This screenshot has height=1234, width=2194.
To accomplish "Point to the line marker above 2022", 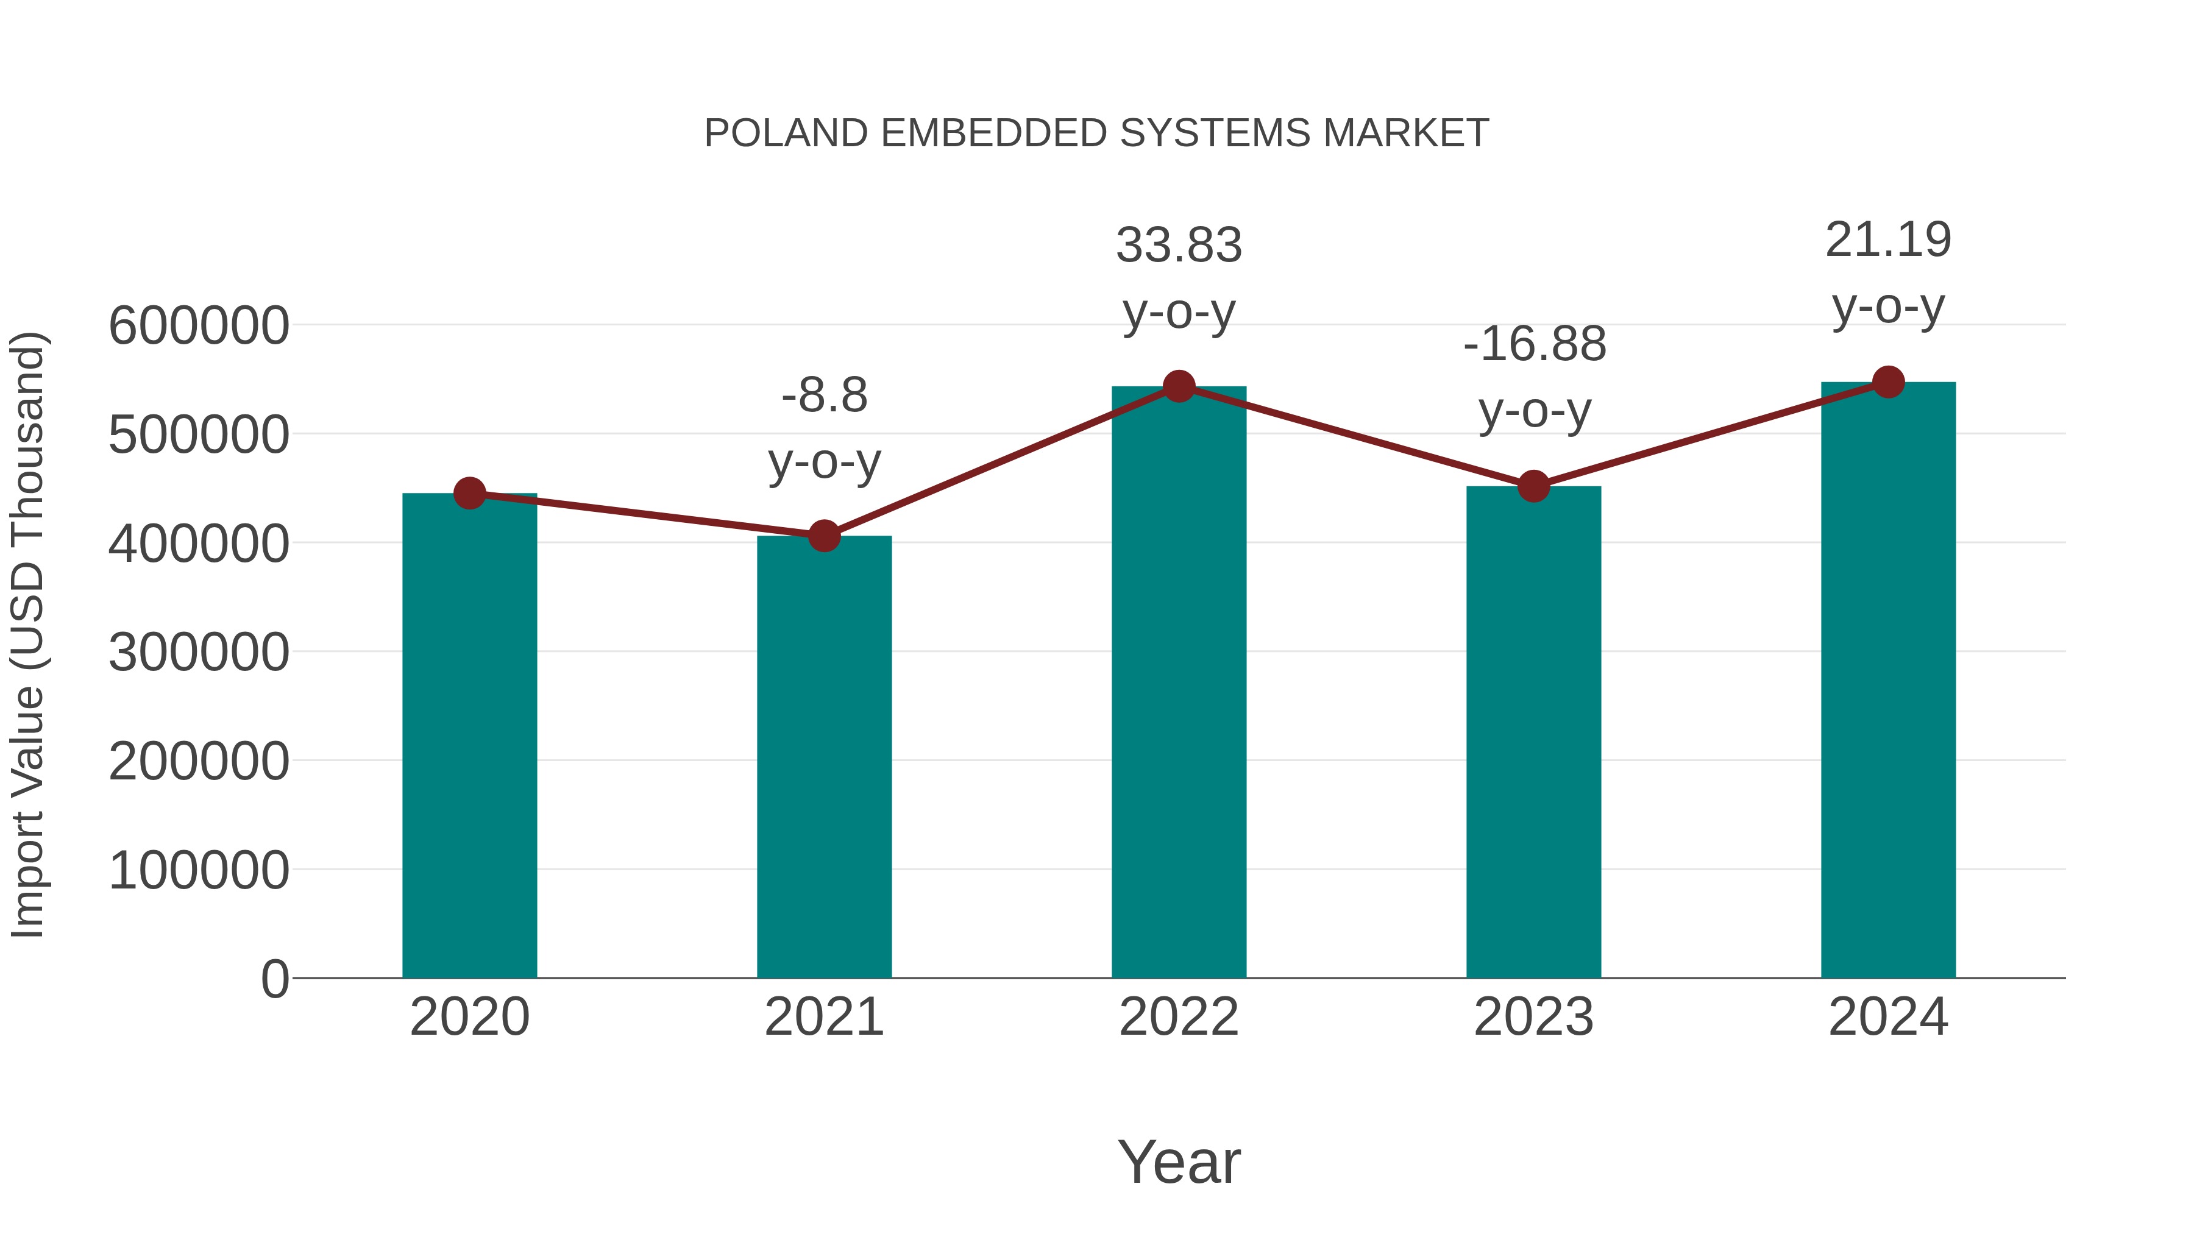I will click(x=1179, y=386).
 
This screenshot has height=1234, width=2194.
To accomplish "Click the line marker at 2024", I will click(x=1888, y=382).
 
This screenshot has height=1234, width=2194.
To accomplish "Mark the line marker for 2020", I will click(x=469, y=493).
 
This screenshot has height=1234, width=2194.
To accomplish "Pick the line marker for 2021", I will click(x=823, y=536).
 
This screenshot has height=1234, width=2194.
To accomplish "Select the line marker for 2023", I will click(x=1533, y=486).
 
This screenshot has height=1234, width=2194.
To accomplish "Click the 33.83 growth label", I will click(x=1179, y=246).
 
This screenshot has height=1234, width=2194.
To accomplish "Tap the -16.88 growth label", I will click(x=1534, y=345).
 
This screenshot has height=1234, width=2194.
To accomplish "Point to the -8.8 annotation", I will click(x=823, y=396).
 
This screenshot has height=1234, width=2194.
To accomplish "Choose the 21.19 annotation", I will click(x=1888, y=240).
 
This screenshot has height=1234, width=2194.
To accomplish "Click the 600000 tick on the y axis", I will click(x=199, y=325).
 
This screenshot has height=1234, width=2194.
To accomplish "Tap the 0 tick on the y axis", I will click(x=274, y=979).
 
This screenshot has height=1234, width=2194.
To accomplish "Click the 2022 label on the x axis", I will click(x=1179, y=1017).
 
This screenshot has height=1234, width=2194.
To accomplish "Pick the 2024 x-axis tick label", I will click(x=1888, y=1017).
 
